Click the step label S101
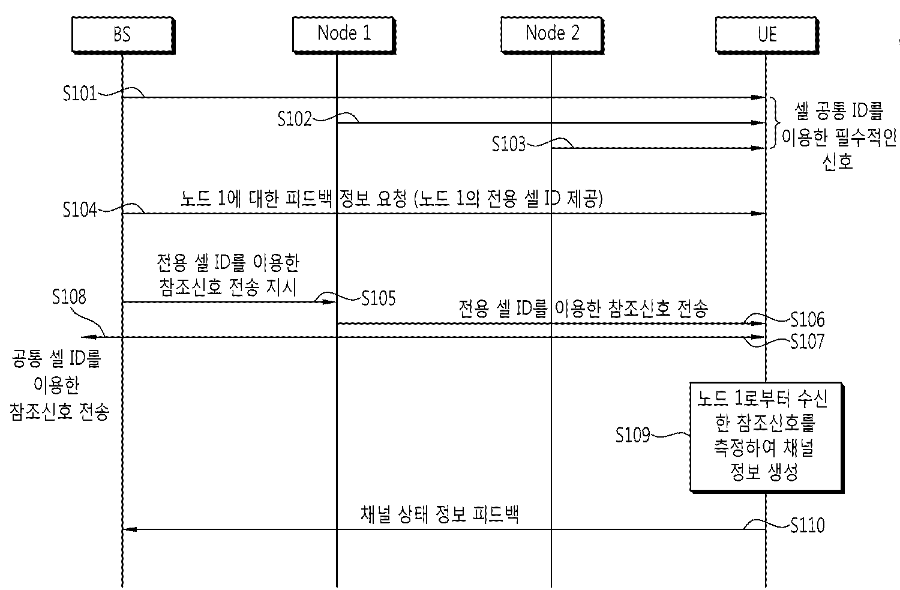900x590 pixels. pyautogui.click(x=80, y=94)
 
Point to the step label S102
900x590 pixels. pyautogui.click(x=295, y=119)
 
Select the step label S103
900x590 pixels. pyautogui.click(x=509, y=144)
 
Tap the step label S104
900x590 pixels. pyautogui.click(x=80, y=209)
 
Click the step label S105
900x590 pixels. pyautogui.click(x=379, y=298)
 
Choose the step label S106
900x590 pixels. pyautogui.click(x=807, y=319)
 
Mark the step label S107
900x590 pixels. pyautogui.click(x=807, y=342)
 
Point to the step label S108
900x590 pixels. pyautogui.click(x=69, y=297)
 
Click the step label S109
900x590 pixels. pyautogui.click(x=633, y=435)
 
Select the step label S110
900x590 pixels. pyautogui.click(x=807, y=526)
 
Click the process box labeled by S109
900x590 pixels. pyautogui.click(x=766, y=436)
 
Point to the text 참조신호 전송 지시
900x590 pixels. pyautogui.click(x=228, y=287)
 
